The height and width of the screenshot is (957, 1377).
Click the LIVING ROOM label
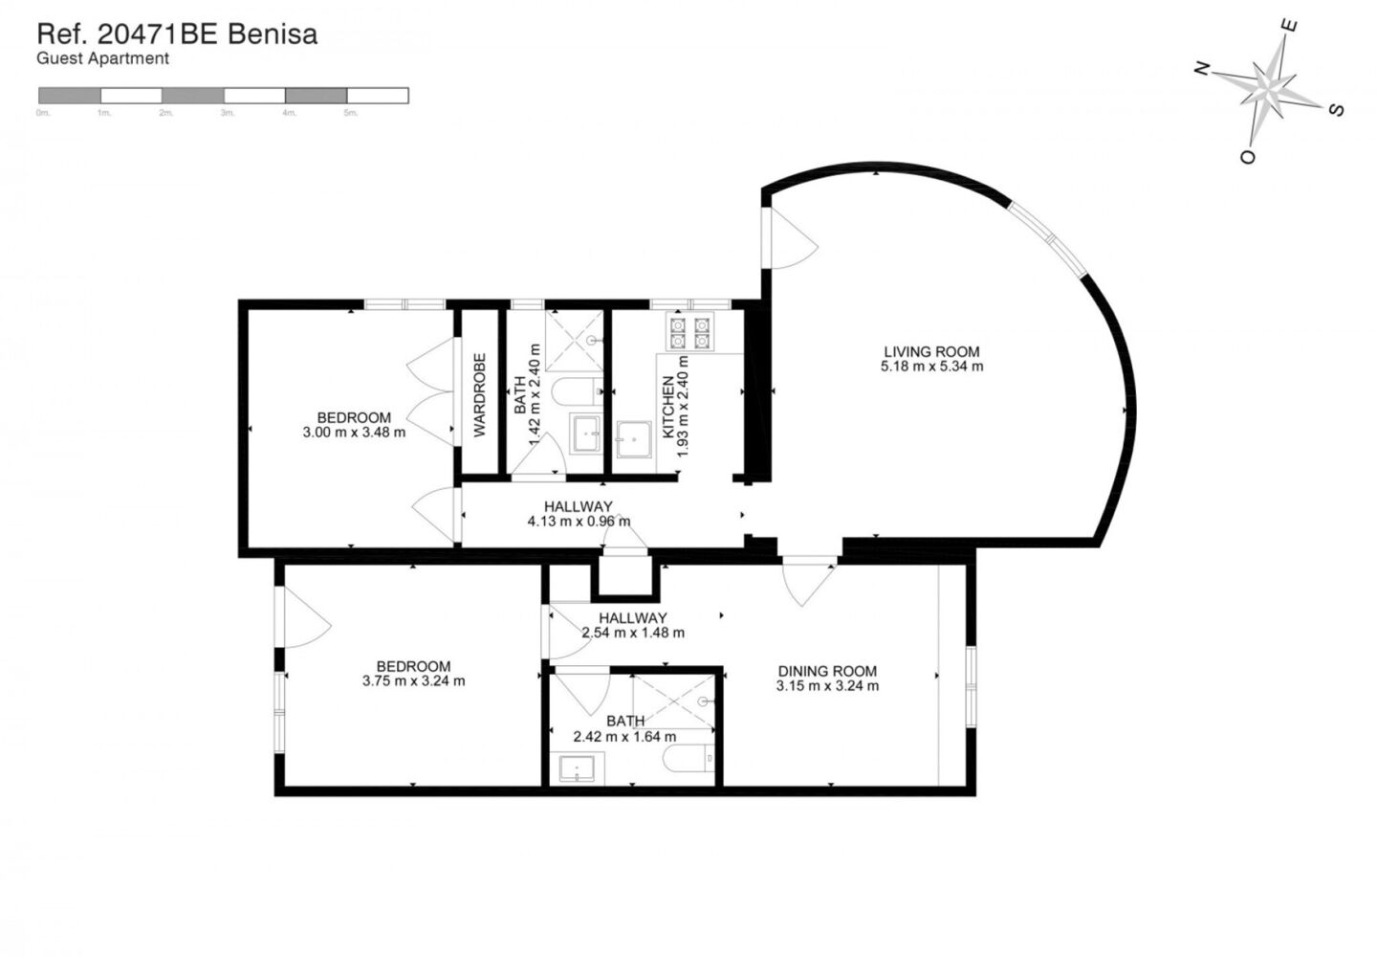(931, 351)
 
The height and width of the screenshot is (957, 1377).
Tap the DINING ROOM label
(827, 671)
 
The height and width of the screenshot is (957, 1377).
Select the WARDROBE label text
(480, 395)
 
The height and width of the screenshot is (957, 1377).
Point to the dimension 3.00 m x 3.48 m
(354, 432)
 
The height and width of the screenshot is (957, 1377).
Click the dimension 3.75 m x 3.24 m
(413, 681)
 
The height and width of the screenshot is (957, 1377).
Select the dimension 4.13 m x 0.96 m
(579, 522)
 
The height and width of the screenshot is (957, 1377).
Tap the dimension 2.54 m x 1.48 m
(632, 633)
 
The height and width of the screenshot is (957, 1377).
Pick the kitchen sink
(633, 439)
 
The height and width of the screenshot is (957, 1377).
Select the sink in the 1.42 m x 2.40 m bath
(586, 434)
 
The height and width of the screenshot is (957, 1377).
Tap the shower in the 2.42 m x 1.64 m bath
(675, 700)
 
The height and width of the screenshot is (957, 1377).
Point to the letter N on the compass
(1202, 68)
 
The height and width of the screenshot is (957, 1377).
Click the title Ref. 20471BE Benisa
(177, 34)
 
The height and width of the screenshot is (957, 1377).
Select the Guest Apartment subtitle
(102, 58)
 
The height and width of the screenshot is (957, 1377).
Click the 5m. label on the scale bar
(351, 113)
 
